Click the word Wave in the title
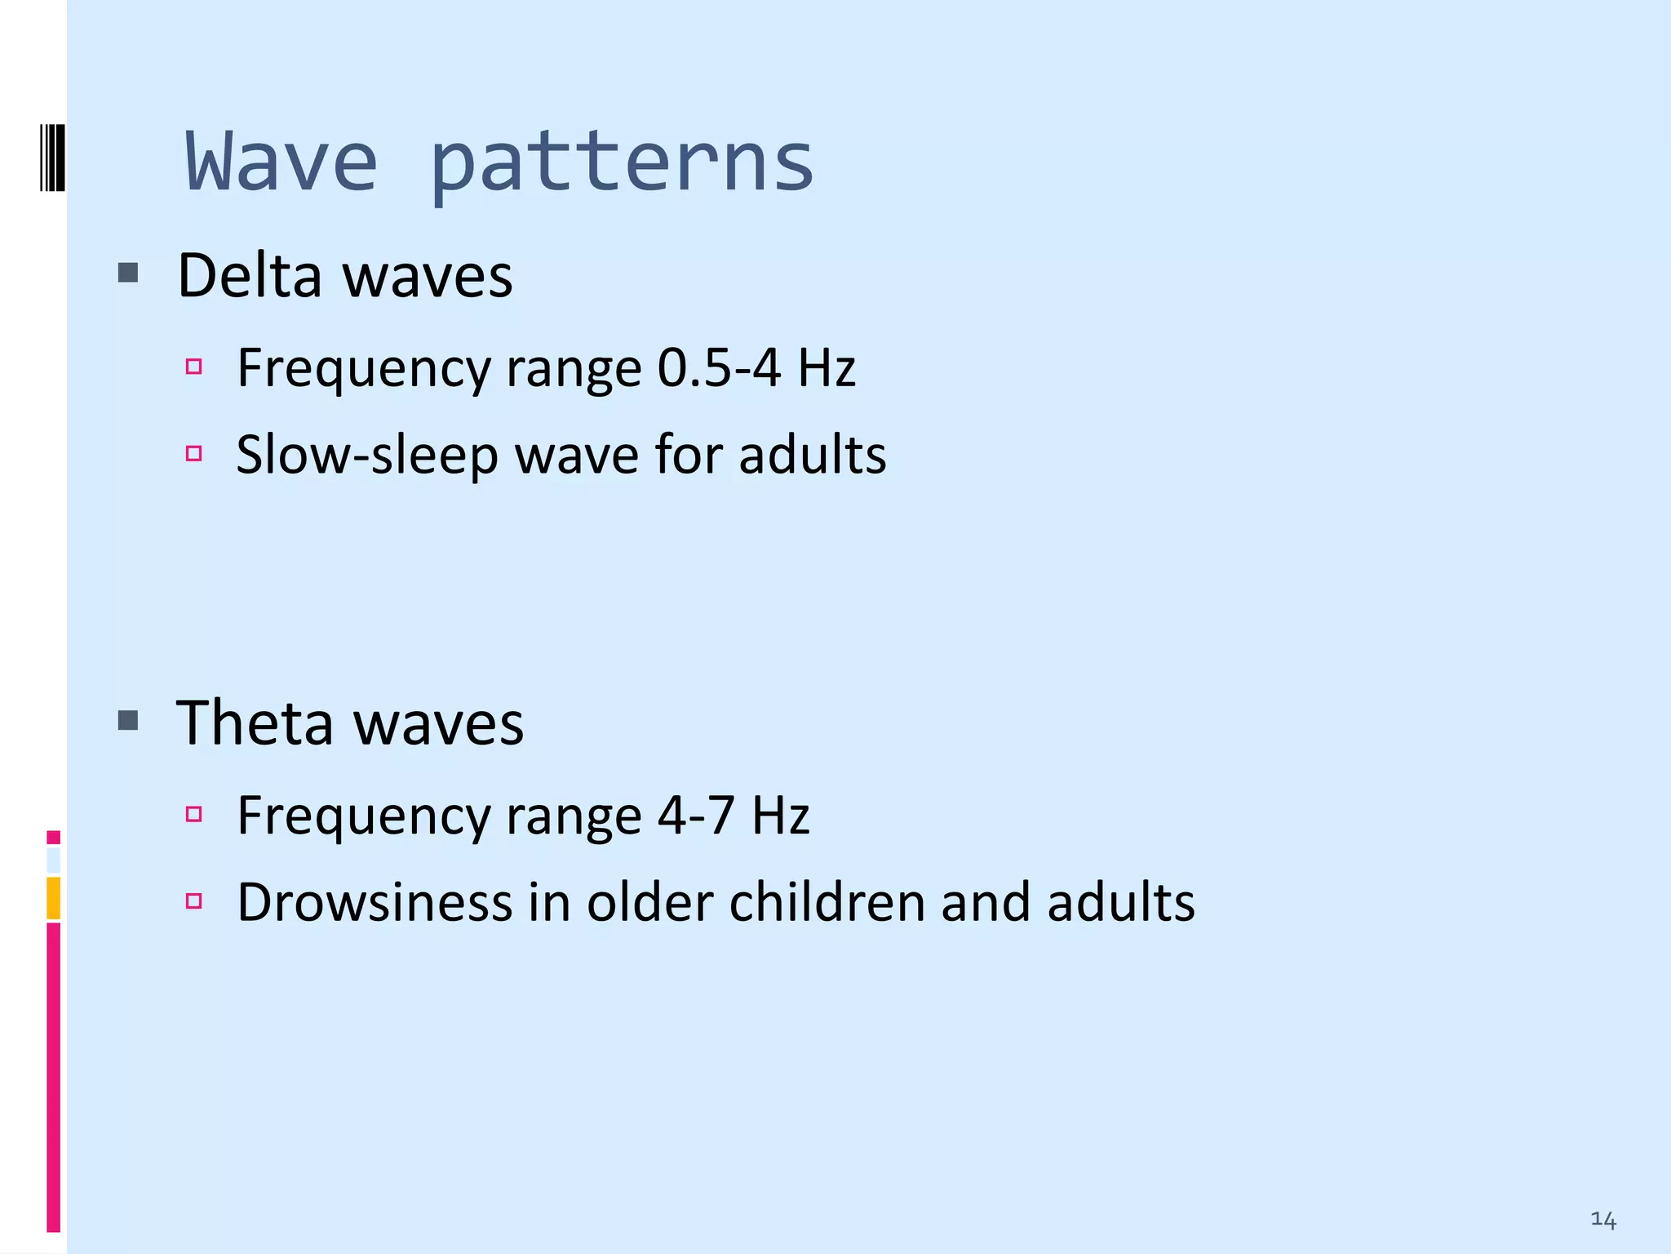281,162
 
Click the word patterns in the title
622,163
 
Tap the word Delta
250,276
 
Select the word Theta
255,723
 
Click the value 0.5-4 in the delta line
719,367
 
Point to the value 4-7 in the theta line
696,815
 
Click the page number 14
1602,1220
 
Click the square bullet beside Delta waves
128,273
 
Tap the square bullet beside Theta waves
128,720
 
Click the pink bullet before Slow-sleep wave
193,453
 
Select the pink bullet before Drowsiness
193,901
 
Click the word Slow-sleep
366,456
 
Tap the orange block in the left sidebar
54,897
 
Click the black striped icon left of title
52,158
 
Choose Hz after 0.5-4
827,367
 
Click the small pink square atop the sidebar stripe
54,837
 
